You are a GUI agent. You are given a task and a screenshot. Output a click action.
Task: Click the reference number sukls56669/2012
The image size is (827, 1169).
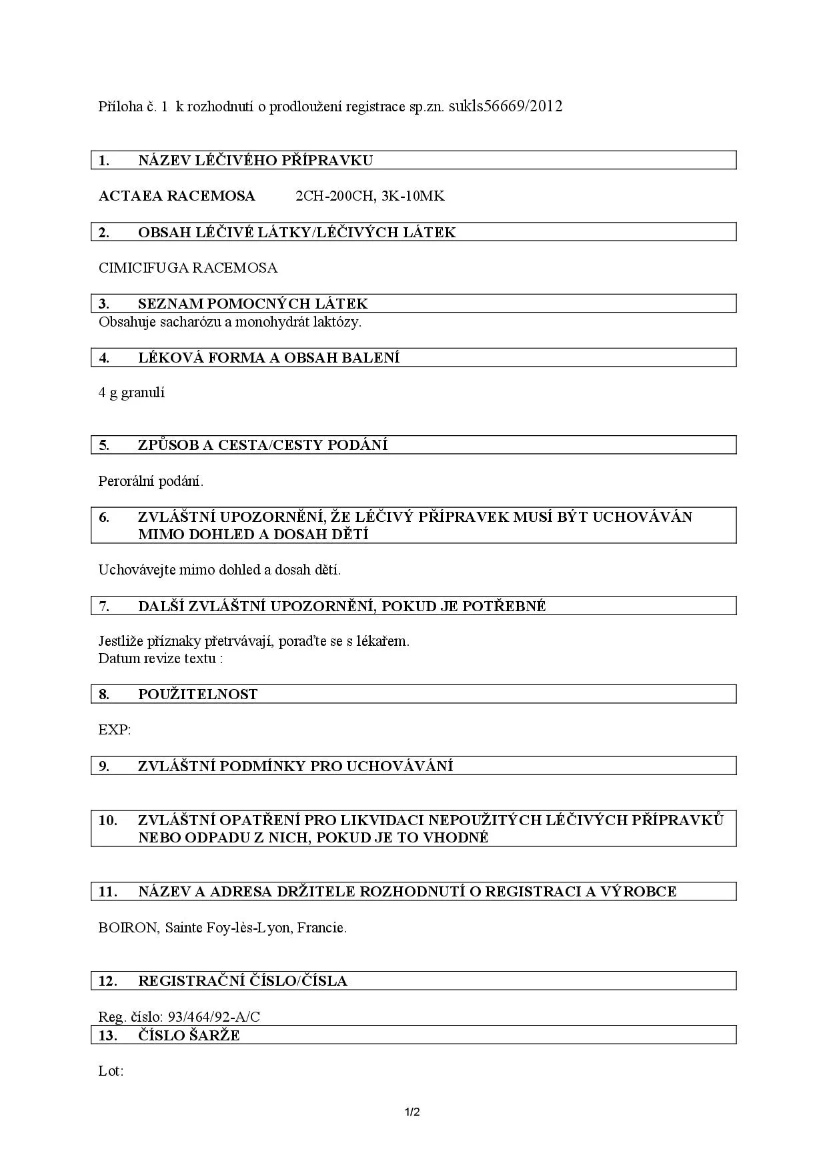506,106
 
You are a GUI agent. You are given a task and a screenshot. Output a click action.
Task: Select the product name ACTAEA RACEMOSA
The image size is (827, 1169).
177,196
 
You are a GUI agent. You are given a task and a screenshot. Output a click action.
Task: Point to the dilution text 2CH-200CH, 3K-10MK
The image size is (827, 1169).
369,196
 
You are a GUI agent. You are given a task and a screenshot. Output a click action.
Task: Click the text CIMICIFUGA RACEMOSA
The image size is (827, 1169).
188,268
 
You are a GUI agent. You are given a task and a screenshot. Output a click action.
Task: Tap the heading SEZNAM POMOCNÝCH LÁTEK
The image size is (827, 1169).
253,304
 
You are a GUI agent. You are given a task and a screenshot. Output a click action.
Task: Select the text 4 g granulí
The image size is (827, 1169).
131,393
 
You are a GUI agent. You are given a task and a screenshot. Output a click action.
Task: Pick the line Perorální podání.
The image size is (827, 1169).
151,481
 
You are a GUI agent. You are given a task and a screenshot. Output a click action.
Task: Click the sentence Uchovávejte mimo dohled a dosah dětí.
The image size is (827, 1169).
219,570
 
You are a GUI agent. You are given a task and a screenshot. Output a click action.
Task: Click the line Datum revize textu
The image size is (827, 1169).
160,658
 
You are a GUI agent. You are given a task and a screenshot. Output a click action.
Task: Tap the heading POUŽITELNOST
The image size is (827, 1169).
197,694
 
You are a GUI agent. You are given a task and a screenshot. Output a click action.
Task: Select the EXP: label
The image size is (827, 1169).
115,730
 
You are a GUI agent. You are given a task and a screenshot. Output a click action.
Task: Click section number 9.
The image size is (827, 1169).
104,766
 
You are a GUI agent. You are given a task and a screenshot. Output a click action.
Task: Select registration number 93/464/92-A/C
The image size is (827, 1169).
214,1017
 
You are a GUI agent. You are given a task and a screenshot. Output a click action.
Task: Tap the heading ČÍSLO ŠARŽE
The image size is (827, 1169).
189,1036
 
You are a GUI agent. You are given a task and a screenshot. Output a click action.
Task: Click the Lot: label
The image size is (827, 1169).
111,1072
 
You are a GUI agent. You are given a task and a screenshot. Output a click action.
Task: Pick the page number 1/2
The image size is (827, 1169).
413,1112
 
